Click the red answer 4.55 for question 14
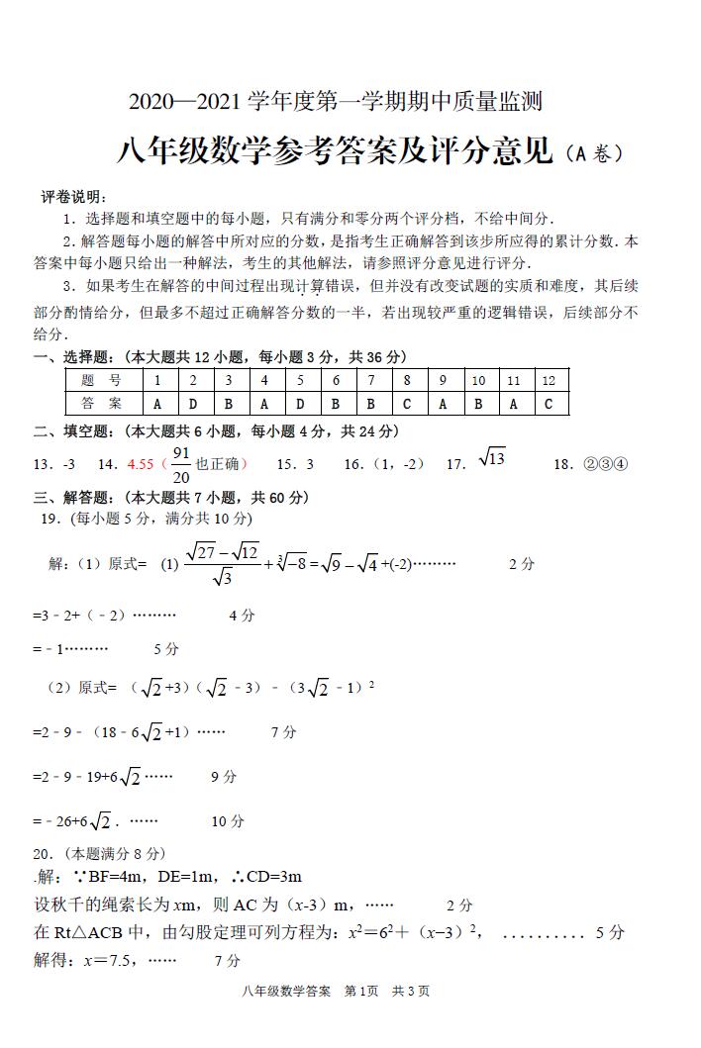[x=140, y=464]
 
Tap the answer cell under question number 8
[x=406, y=404]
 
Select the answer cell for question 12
[x=549, y=404]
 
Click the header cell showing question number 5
[x=299, y=380]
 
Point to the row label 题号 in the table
[x=100, y=380]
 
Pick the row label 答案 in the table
[x=100, y=404]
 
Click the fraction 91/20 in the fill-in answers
[x=180, y=464]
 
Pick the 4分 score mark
[x=242, y=615]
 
